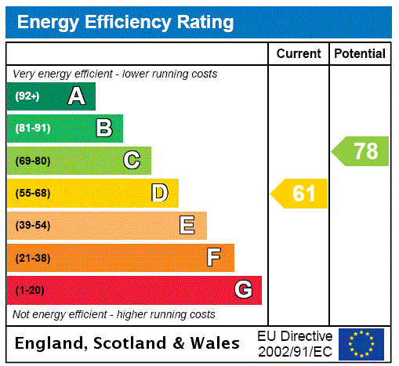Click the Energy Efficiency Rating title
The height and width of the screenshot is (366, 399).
(125, 22)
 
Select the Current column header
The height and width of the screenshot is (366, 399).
(299, 54)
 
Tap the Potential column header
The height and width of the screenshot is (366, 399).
(360, 54)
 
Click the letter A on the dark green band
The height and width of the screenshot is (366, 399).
(76, 96)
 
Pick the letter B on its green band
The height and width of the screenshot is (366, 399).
(103, 129)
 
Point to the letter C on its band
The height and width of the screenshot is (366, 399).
(132, 161)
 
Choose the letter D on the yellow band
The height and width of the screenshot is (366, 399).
(159, 193)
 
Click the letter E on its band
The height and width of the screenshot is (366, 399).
(187, 226)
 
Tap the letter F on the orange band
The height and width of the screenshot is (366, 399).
(214, 258)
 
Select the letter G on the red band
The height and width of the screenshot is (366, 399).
(243, 290)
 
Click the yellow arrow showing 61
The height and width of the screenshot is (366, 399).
(300, 194)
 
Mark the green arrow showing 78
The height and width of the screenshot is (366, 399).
(361, 151)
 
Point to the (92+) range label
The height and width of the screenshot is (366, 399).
(27, 97)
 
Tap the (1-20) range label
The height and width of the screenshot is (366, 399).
(30, 291)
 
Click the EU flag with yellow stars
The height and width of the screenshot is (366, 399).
(361, 344)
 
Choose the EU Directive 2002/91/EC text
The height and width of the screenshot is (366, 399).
(295, 344)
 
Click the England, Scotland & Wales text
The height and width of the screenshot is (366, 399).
(128, 343)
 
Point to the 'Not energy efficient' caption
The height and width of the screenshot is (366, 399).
(114, 314)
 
